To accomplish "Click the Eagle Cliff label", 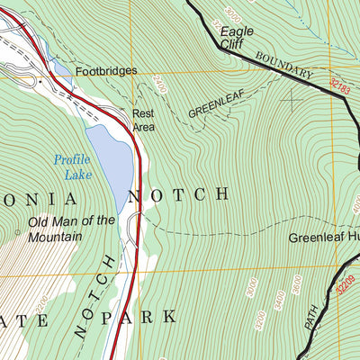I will click(237, 37).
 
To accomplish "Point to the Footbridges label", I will click(106, 70).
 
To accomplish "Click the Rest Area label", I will click(143, 120).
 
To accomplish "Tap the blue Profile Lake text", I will click(72, 166).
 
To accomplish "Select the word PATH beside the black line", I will click(311, 315).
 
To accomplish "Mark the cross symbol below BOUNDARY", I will click(290, 96).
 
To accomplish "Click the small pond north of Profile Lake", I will click(60, 68).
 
